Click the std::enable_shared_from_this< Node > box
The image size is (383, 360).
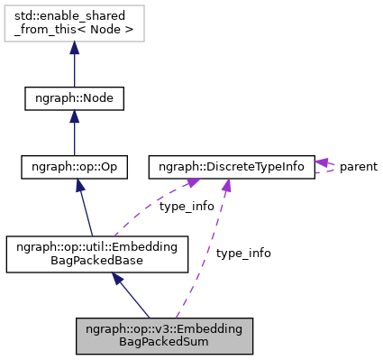[x=74, y=24]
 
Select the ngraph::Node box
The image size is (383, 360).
[x=74, y=97]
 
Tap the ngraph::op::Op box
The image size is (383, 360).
[x=74, y=167]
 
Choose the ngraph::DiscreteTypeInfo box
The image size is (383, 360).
[x=232, y=167]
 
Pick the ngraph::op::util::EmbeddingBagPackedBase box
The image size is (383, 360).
[x=96, y=254]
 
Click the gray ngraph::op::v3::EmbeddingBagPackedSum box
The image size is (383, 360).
[x=164, y=335]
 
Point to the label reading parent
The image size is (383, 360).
[x=358, y=167]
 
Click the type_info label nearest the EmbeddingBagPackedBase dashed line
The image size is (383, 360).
[x=187, y=207]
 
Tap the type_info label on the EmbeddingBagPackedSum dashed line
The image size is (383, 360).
[x=242, y=254]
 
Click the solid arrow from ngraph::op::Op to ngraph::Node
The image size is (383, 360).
[x=74, y=135]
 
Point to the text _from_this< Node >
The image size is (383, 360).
[x=74, y=32]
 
